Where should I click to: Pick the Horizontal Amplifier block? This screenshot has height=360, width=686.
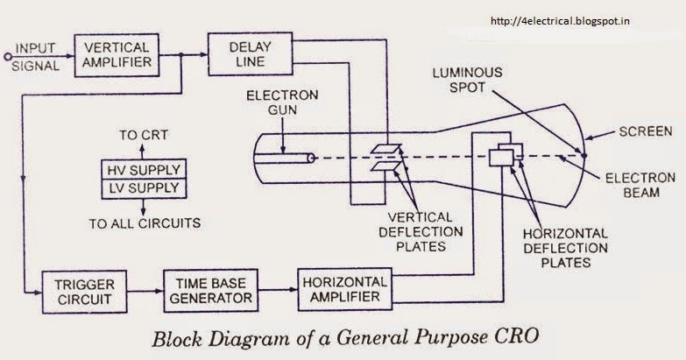pos(343,286)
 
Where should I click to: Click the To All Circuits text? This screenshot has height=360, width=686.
pos(145,223)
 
